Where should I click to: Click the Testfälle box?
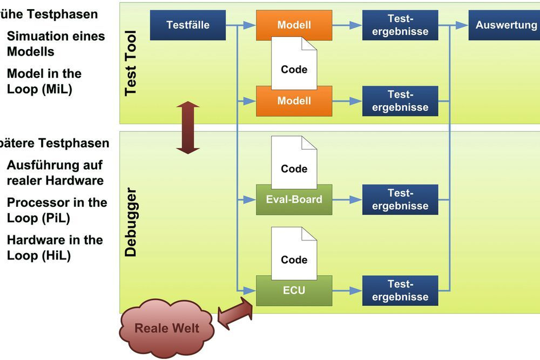(188, 25)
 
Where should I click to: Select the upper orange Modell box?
(294, 25)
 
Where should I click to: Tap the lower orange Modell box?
(294, 101)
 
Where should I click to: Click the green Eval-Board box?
(294, 200)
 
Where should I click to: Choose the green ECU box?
(294, 291)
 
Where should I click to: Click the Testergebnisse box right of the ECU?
(400, 291)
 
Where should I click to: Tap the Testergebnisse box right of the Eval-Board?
(400, 200)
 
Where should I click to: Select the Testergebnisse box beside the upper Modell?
(400, 25)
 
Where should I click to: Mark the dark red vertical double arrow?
(187, 127)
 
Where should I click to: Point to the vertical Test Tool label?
(131, 63)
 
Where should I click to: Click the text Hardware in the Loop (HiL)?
(55, 247)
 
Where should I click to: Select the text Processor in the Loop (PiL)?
(57, 210)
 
